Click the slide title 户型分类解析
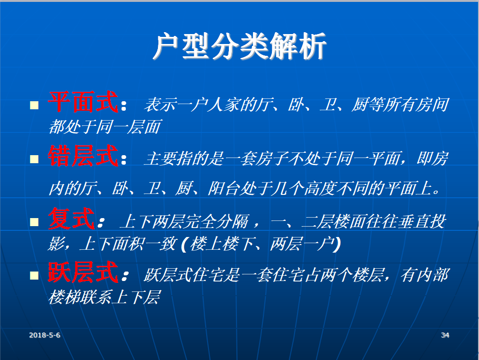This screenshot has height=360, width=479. coord(239,46)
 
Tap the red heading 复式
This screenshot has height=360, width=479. coord(71,218)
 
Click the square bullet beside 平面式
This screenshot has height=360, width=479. coord(34,105)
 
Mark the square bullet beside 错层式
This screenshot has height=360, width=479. coord(34,159)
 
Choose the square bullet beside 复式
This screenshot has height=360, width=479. coord(34,221)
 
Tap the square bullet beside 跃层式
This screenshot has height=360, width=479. coord(34,275)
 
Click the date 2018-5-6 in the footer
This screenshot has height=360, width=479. coord(44,335)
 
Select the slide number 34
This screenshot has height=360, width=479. coord(445,335)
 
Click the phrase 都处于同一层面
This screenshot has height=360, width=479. coord(105,127)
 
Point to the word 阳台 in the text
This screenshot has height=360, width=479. coord(223,188)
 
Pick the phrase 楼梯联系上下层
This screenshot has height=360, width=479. coord(105,297)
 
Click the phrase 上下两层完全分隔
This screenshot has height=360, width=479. coord(184,221)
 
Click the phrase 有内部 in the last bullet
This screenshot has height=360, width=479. coord(424,275)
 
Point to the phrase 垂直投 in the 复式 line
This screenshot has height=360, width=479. coord(422,221)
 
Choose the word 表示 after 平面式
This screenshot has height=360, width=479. coord(160,105)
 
